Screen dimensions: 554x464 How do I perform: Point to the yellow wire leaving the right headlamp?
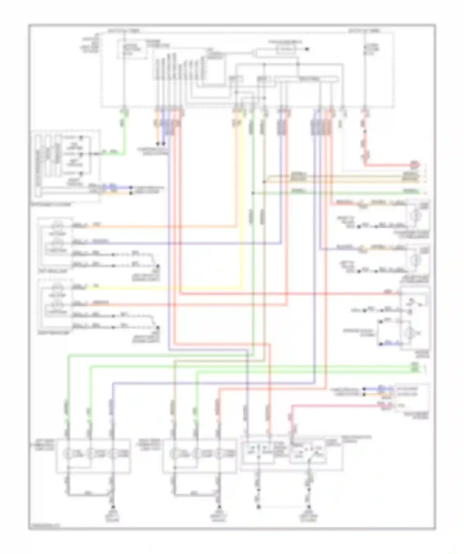pyautogui.click(x=155, y=289)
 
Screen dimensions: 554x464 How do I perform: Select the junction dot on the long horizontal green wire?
pyautogui.click(x=253, y=193)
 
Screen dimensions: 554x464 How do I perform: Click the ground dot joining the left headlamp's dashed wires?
pyautogui.click(x=157, y=266)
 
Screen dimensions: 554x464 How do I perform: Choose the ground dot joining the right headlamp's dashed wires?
pyautogui.click(x=157, y=328)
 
